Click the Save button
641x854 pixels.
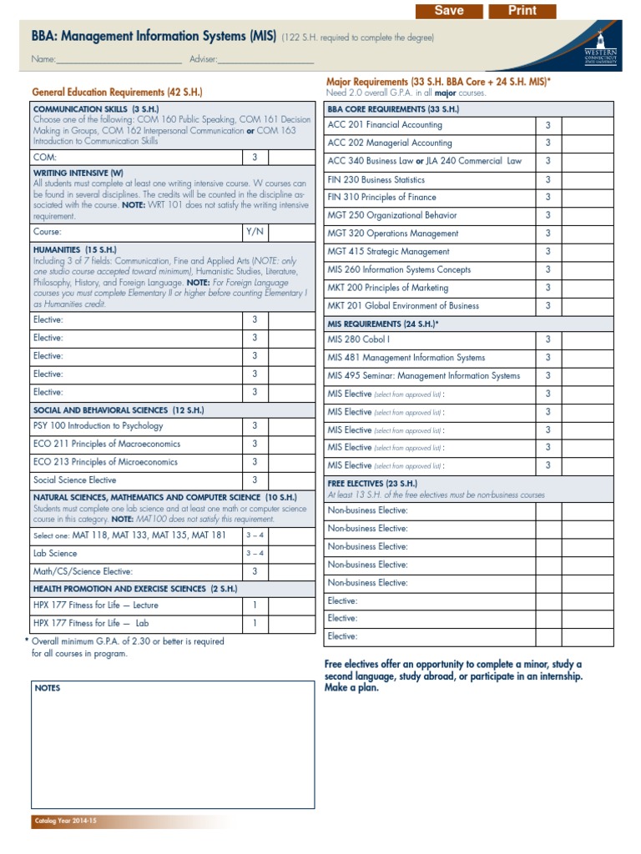[449, 10]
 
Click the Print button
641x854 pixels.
[522, 10]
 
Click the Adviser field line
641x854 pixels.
[265, 60]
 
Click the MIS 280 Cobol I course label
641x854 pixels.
[359, 339]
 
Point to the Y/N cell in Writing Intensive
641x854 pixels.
[255, 232]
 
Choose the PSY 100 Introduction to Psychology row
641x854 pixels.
[98, 426]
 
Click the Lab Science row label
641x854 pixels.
[55, 554]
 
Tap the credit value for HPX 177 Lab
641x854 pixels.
[255, 623]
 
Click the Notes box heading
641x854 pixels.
[48, 688]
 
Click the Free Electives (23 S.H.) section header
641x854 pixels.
[372, 484]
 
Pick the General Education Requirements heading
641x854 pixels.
[117, 93]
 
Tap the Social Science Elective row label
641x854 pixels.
[75, 480]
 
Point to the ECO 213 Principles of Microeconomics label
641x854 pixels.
[105, 462]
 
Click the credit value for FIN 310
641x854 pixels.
[548, 198]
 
